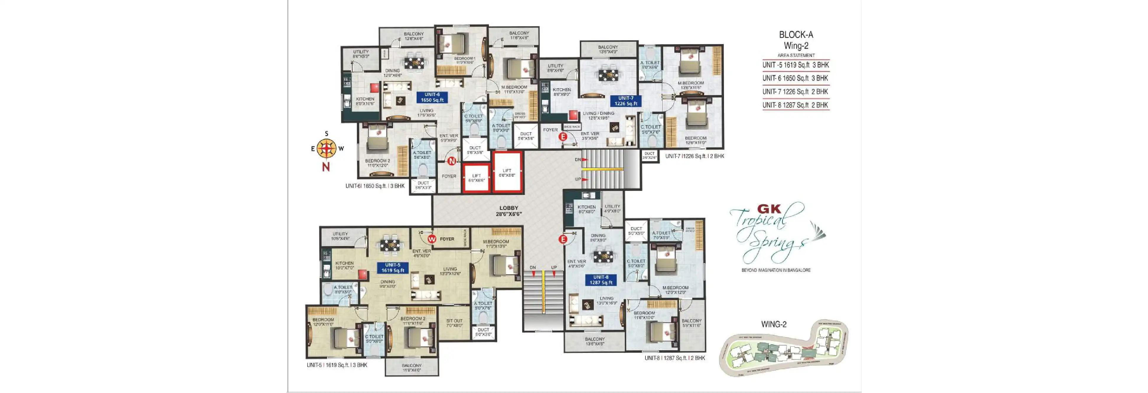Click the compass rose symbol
click(326, 149)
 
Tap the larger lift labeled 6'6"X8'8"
click(507, 173)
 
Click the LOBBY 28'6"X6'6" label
click(508, 211)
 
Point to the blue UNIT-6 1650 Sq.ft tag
click(432, 97)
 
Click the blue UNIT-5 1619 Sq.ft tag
click(393, 268)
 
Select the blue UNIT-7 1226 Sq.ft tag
click(626, 101)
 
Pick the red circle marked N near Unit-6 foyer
click(451, 161)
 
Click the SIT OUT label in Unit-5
click(454, 323)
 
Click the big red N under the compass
click(326, 167)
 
